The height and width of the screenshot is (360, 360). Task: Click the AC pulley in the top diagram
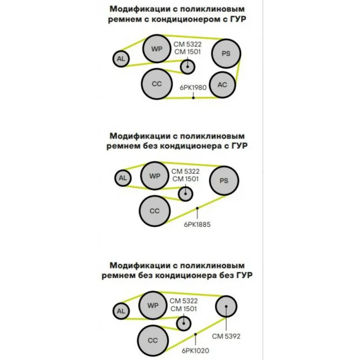point(222,85)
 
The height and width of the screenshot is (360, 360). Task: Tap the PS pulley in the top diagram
point(226,54)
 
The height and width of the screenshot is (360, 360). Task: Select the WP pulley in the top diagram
point(157,49)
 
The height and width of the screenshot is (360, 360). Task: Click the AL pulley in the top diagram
point(121,59)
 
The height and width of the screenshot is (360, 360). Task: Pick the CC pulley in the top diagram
point(157,84)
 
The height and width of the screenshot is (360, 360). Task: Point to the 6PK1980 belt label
point(193,87)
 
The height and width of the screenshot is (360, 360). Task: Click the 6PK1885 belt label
point(197,224)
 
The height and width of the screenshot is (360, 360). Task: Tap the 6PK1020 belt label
point(195,351)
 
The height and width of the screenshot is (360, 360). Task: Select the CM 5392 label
point(226,336)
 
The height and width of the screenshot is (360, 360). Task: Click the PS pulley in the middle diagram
point(224,181)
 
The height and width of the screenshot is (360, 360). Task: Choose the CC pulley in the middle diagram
point(154,211)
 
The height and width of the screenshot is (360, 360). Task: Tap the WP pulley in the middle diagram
point(154,176)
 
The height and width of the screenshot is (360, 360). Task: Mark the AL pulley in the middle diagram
point(123,178)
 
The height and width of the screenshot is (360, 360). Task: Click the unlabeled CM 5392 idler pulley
point(226,306)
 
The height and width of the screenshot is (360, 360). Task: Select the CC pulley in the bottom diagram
point(153,341)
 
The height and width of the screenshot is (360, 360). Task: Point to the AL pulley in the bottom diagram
point(121,311)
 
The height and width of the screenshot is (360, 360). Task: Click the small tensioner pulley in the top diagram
point(188,67)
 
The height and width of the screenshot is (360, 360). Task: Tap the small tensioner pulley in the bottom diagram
point(184,324)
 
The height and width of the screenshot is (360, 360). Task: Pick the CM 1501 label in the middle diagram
point(185,179)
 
